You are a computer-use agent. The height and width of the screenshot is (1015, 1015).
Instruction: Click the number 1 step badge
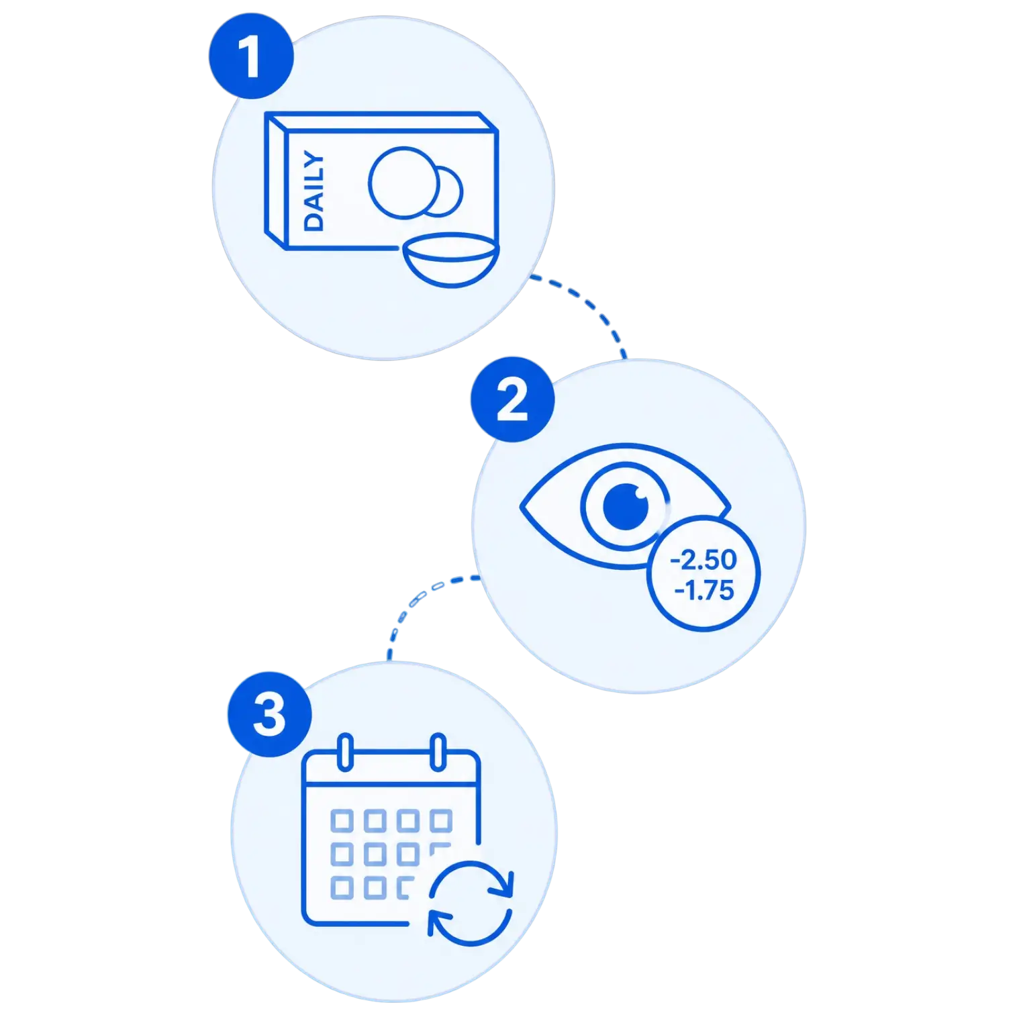point(251,56)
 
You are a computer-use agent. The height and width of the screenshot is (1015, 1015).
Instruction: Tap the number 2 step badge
point(513,399)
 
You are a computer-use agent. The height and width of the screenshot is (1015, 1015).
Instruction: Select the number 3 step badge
point(270,714)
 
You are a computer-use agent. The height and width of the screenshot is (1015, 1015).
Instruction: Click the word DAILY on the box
point(313,191)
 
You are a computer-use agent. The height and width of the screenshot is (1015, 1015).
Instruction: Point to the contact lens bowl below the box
point(450,260)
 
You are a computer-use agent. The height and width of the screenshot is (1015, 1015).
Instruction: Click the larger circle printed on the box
point(403,183)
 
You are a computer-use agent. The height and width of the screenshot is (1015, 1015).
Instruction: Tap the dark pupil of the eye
point(626,506)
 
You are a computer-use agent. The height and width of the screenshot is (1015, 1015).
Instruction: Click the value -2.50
point(704,560)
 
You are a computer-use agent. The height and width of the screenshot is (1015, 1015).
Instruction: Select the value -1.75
point(704,591)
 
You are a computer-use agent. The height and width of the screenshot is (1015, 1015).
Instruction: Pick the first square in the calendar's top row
point(342,820)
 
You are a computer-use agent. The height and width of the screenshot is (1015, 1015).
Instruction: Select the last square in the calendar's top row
point(441,820)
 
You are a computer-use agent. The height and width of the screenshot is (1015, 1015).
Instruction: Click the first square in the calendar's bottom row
point(342,887)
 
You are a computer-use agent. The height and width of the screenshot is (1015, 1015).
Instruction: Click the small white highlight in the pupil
point(640,497)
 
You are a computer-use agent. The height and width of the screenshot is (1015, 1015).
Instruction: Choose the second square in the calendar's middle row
point(375,854)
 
